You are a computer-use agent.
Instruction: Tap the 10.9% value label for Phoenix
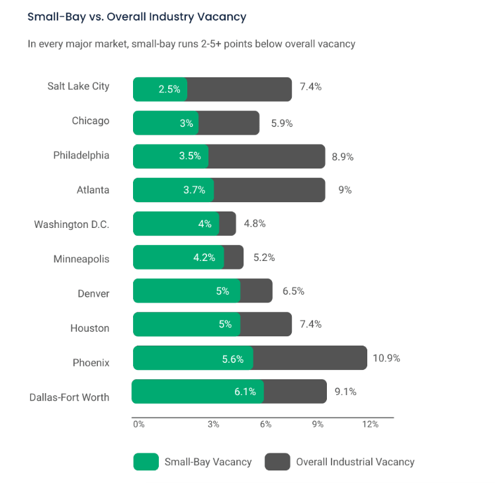(x=387, y=358)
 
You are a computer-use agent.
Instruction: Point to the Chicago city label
(x=91, y=121)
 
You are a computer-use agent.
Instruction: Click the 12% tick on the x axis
(x=371, y=424)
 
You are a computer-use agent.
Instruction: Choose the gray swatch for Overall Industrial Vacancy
(x=277, y=462)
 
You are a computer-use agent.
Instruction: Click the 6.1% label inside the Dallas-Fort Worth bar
(x=245, y=391)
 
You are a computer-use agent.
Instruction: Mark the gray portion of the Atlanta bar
(x=269, y=190)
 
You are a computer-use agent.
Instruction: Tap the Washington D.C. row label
(x=71, y=225)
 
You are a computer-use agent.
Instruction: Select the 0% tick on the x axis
(x=138, y=424)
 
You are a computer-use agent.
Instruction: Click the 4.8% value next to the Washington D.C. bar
(x=255, y=223)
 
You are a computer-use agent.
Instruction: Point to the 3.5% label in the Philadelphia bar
(x=190, y=157)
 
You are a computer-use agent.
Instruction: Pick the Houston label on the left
(x=90, y=328)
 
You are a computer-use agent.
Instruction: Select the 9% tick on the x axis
(x=318, y=424)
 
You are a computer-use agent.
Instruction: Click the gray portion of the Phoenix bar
(x=310, y=358)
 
